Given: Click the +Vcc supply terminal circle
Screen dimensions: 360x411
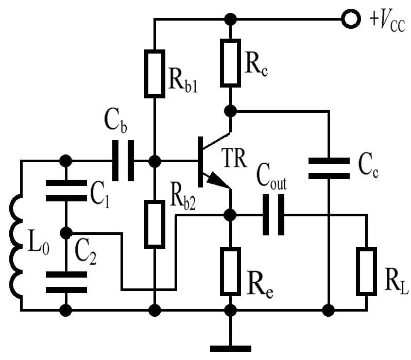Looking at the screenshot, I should (x=352, y=20).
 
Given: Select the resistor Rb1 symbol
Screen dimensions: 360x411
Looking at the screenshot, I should (x=155, y=73).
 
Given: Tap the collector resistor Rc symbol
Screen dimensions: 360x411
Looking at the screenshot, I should (x=231, y=61).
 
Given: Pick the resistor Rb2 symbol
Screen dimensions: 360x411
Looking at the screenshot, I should (x=155, y=224).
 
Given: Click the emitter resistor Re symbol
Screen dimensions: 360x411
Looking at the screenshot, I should (x=231, y=271).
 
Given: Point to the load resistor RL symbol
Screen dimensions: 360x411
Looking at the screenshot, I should (x=366, y=271).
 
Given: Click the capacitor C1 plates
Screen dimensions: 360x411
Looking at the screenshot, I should (x=66, y=190).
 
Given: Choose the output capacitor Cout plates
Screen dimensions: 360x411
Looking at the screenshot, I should (x=273, y=214).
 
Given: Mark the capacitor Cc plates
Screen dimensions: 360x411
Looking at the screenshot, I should (x=328, y=168).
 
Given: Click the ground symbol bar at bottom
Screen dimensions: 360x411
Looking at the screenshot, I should (x=231, y=348).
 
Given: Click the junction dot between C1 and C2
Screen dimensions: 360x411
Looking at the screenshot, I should (x=66, y=233).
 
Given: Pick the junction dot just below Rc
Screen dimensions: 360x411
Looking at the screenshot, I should (x=231, y=111).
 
